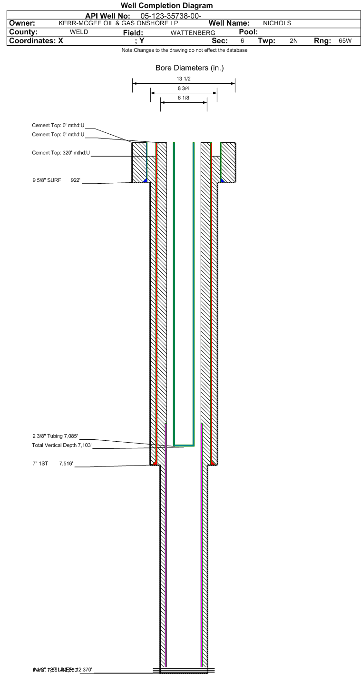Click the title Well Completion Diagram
coord(166,6)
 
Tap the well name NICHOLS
coord(277,23)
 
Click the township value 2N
coord(293,41)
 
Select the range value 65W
coord(345,41)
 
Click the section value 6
coord(242,41)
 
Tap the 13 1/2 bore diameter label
coord(184,79)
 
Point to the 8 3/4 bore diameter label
coord(184,89)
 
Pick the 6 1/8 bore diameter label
coord(184,98)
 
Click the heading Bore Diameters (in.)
coord(189,68)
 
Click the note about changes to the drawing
coord(184,50)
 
